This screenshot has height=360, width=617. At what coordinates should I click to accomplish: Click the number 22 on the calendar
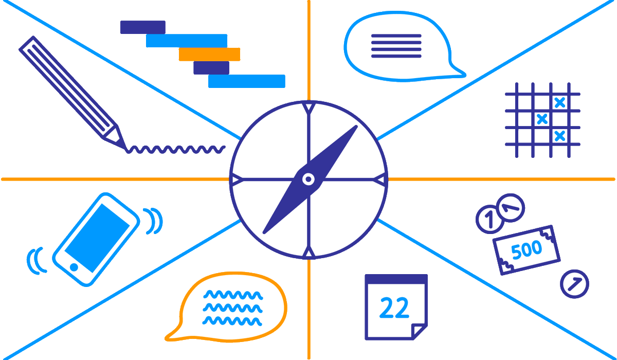(394, 308)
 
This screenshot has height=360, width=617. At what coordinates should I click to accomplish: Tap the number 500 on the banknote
(527, 250)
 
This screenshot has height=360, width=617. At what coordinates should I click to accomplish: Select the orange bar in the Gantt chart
(209, 54)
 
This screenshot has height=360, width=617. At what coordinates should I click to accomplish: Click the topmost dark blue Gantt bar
(142, 27)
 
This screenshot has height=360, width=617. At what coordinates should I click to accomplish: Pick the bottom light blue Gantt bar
(246, 81)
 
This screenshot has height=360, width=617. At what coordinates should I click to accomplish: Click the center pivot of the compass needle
(308, 179)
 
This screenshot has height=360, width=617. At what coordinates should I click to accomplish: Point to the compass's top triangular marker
(308, 108)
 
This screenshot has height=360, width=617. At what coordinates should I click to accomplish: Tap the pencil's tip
(123, 147)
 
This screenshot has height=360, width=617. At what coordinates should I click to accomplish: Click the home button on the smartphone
(74, 267)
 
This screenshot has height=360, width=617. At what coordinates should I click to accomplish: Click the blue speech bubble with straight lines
(396, 46)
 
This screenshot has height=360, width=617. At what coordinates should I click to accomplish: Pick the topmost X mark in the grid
(560, 102)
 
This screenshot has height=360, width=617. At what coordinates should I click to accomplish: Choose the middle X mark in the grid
(541, 119)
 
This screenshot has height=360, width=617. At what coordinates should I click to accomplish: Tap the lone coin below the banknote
(574, 284)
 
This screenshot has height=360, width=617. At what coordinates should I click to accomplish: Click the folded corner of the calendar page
(419, 331)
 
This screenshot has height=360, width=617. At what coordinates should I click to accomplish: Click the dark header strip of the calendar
(396, 279)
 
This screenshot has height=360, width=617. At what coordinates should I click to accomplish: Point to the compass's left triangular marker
(237, 179)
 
